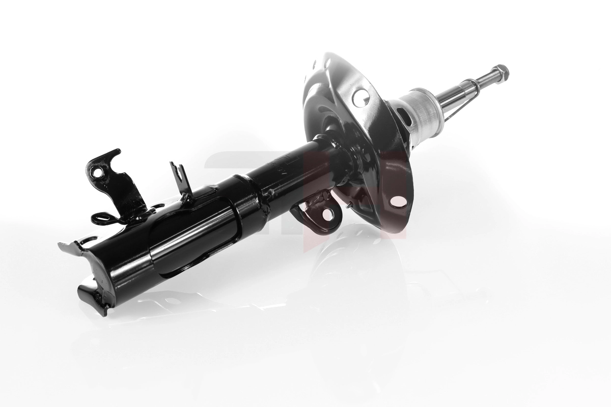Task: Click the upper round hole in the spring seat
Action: click(360, 97)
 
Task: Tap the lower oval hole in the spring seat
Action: click(399, 201)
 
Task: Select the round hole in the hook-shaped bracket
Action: click(97, 172)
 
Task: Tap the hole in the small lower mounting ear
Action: click(327, 214)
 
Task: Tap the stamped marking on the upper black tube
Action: click(283, 168)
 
